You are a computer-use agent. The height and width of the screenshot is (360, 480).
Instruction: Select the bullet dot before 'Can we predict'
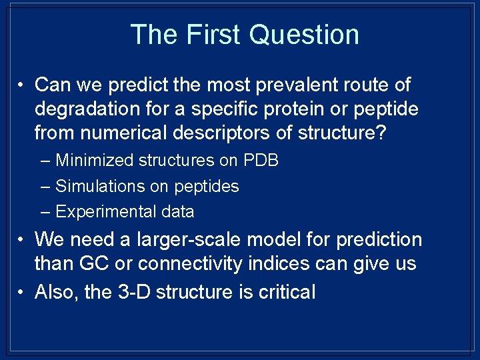coord(22,86)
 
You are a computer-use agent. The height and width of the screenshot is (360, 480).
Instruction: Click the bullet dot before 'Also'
coord(22,292)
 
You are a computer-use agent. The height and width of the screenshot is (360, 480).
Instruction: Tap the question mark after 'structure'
coord(379,133)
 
